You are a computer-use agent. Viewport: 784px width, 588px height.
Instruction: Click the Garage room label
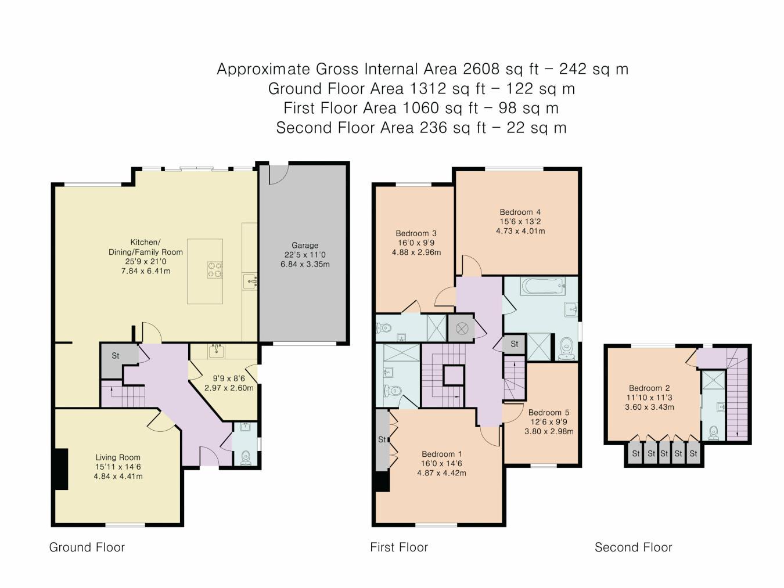pos(304,245)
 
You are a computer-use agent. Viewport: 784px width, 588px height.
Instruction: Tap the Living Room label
pos(118,457)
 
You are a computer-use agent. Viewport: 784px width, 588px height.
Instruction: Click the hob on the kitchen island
pos(215,269)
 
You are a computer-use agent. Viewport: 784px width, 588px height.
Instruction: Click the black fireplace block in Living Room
pos(60,469)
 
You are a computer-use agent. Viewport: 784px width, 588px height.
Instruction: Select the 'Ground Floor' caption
pos(87,547)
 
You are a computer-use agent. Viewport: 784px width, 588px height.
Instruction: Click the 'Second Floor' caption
pos(633,547)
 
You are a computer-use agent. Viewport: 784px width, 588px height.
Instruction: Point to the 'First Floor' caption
pos(398,547)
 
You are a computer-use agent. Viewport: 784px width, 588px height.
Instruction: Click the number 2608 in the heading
pos(481,69)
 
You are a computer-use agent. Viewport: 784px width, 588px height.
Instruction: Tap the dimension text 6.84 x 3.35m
pos(304,264)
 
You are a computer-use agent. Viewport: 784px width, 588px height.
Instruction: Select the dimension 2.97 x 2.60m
pos(229,388)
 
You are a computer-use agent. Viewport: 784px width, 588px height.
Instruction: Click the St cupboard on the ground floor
pos(116,355)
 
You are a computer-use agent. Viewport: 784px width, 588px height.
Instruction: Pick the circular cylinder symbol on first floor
pos(461,329)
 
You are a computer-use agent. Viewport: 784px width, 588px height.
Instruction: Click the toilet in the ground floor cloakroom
pos(245,457)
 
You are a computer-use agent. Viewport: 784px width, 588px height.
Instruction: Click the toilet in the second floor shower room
pos(714,432)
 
